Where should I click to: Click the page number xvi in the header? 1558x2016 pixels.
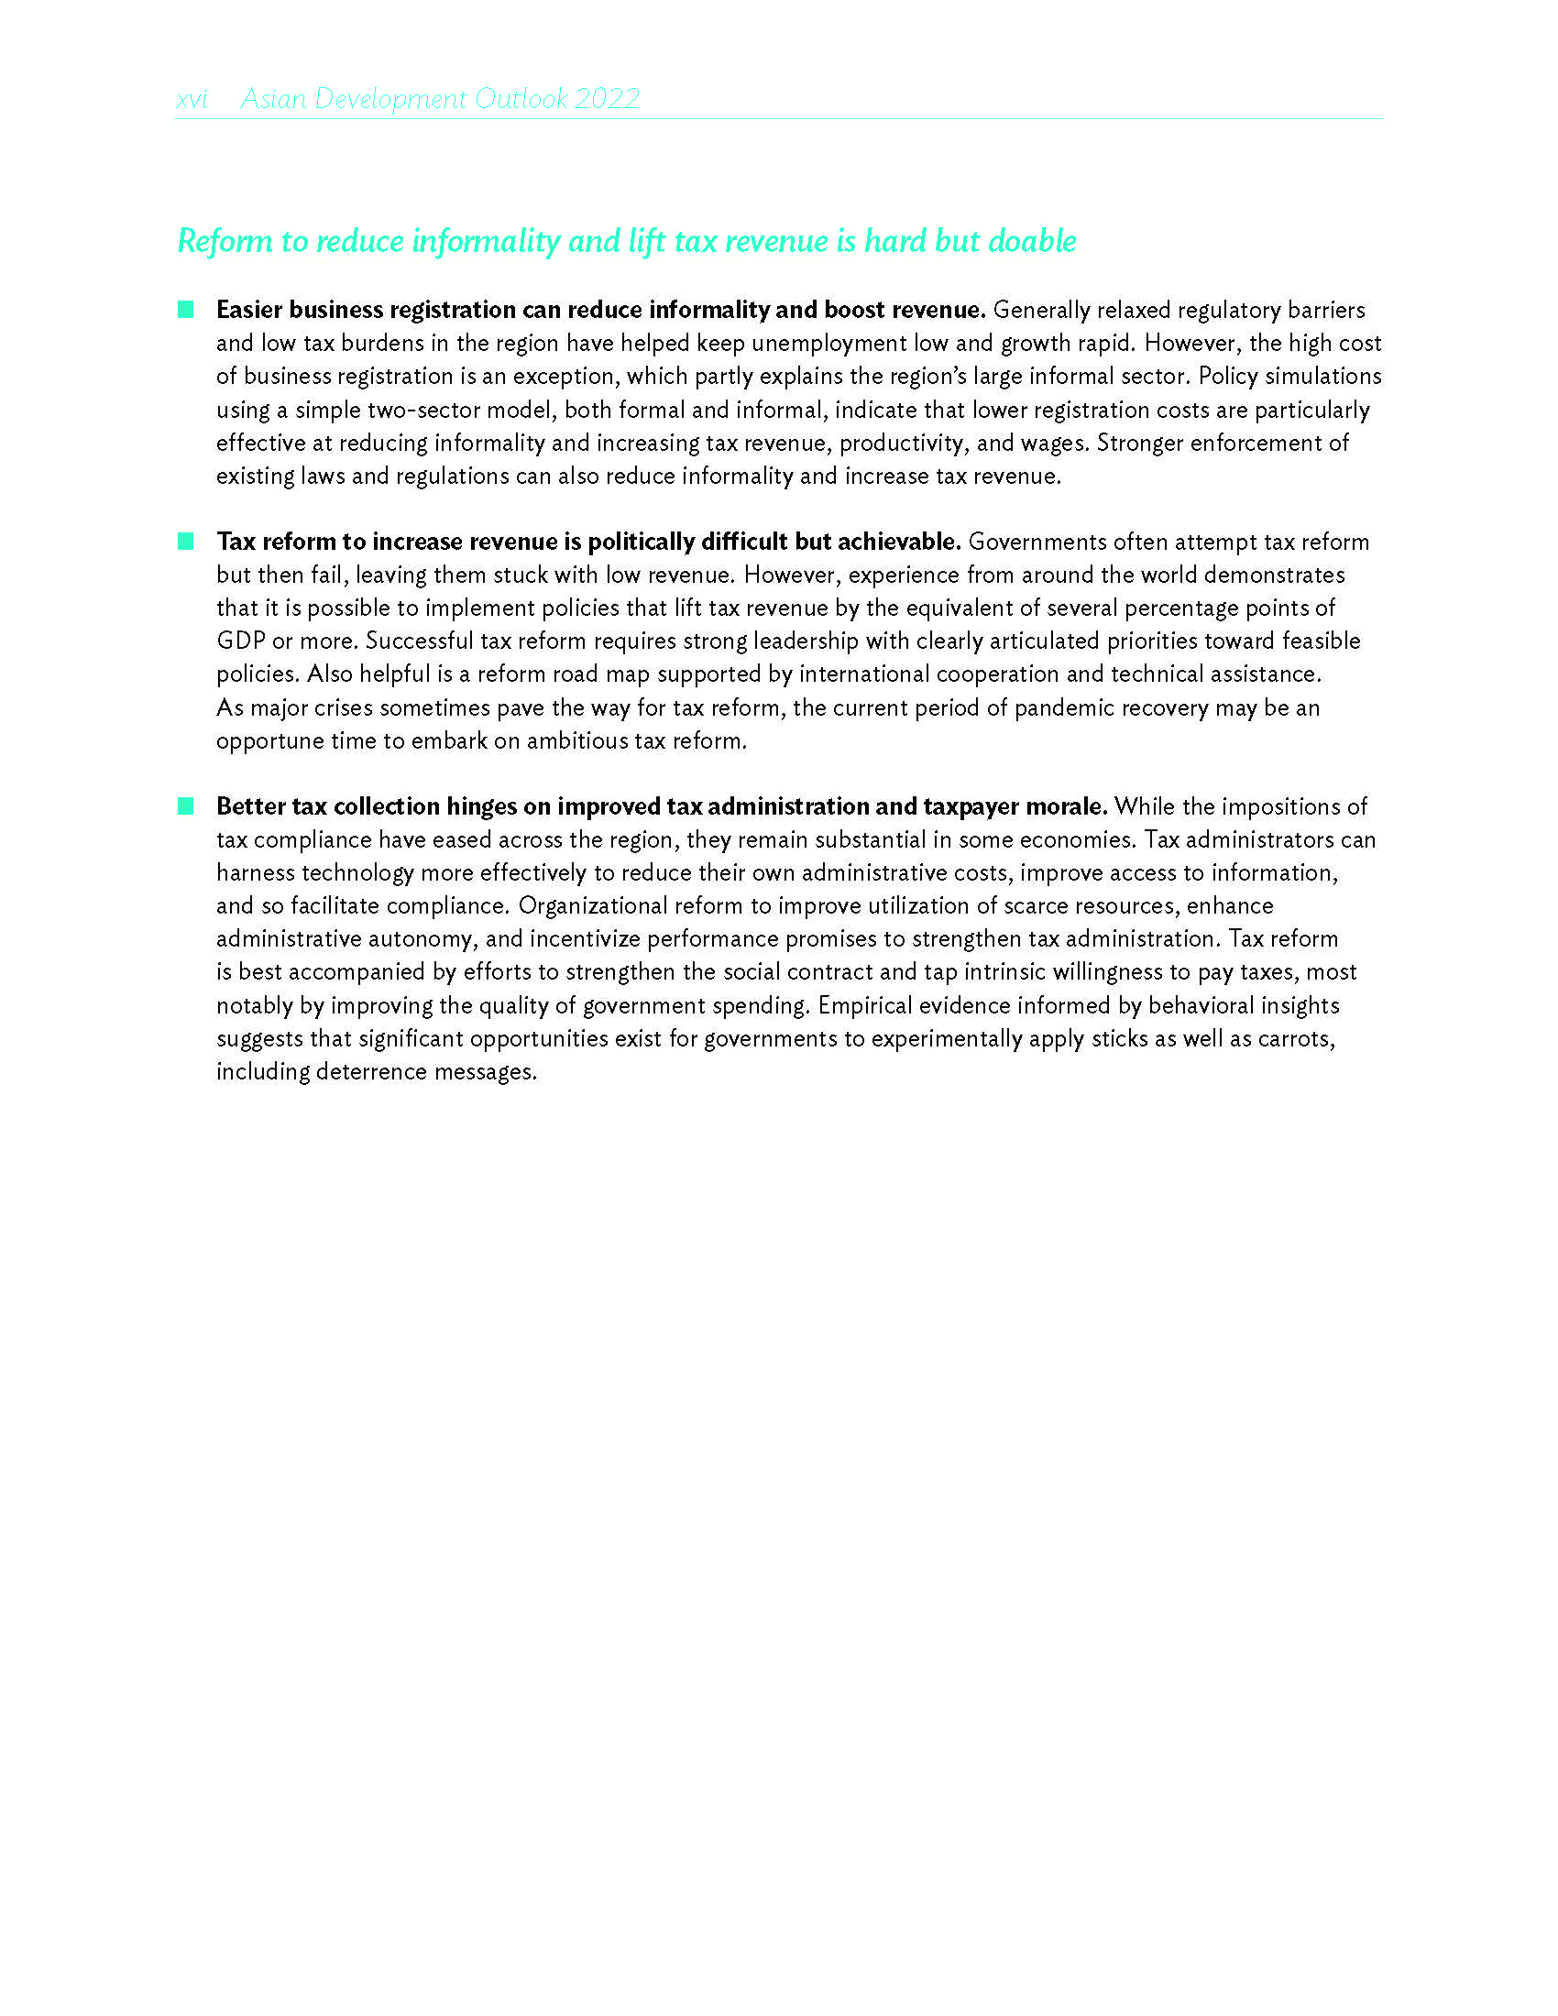pos(192,99)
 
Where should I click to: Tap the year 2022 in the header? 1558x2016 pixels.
pos(607,99)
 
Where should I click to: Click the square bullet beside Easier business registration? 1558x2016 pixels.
pos(185,309)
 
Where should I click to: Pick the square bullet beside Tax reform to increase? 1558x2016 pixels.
pos(185,541)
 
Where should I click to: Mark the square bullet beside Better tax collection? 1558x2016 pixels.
pos(185,805)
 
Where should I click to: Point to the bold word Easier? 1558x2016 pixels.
pos(249,310)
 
